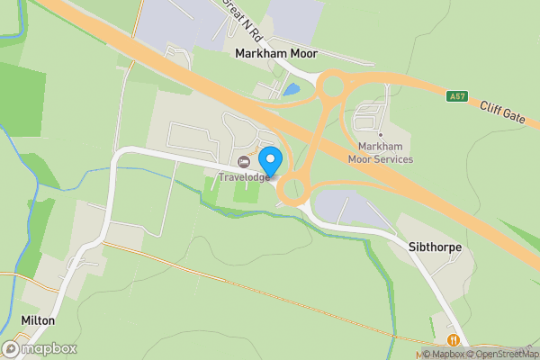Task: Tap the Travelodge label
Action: [x=244, y=177]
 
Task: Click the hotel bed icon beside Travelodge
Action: [x=244, y=162]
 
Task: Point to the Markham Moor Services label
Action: [x=385, y=153]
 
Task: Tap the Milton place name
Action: [x=38, y=320]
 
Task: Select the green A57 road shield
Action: [x=458, y=94]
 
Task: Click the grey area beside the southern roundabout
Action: [x=346, y=210]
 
